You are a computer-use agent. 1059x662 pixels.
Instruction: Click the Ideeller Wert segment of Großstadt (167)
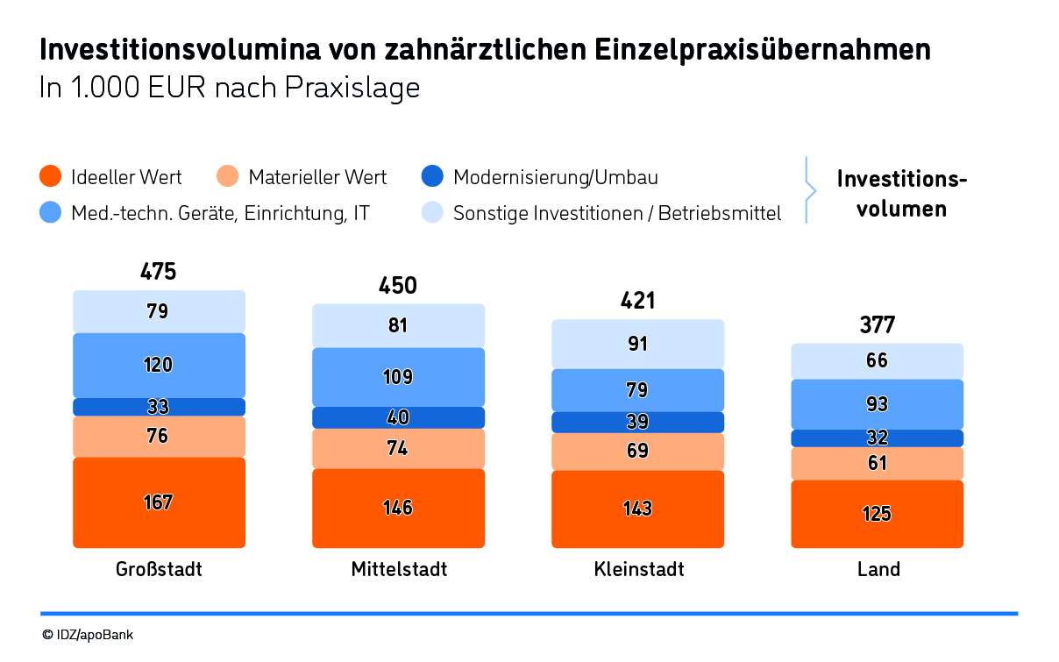coord(159,502)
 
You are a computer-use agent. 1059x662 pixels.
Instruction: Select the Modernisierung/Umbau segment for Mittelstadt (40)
coord(398,417)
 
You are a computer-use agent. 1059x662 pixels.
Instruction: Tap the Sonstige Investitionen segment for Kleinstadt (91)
coord(637,344)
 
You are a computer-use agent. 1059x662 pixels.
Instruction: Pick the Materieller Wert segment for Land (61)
coord(877,463)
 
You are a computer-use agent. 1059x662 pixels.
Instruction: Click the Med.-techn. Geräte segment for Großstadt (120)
coord(159,365)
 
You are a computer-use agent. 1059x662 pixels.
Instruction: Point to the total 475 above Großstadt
coord(158,272)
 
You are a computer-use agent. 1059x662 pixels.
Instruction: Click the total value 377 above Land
coord(877,325)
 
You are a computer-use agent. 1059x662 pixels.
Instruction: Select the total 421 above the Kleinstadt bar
coord(637,302)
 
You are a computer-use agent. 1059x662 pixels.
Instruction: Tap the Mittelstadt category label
coord(399,569)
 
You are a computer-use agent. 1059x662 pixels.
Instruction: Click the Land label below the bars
coord(878,569)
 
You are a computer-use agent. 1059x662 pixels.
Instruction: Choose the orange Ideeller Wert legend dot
coord(51,177)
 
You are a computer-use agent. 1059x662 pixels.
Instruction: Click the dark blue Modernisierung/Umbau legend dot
coord(433,177)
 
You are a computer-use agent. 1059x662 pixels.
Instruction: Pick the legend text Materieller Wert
coord(317,177)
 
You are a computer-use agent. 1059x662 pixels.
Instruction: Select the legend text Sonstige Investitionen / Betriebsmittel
coord(616,213)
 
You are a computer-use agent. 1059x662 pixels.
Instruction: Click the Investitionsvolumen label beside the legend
coord(901,194)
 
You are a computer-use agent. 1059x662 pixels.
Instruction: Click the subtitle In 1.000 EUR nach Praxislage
coord(230,89)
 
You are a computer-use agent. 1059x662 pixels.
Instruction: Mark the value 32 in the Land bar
coord(877,438)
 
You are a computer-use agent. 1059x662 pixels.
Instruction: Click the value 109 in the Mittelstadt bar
coord(398,377)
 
